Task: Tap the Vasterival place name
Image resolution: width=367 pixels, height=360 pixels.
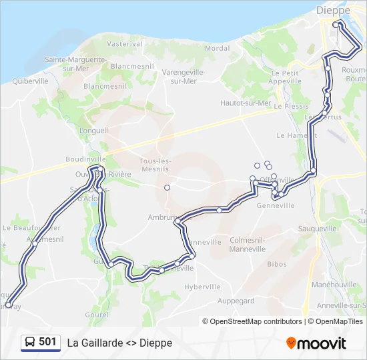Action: [125, 43]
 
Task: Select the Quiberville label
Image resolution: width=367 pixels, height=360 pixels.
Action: [29, 81]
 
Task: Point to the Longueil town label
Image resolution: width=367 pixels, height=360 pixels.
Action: [93, 131]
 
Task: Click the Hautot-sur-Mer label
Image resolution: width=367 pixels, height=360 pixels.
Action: [246, 103]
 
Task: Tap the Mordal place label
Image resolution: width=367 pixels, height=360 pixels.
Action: [217, 48]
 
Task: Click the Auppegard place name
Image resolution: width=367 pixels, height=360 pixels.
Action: [236, 301]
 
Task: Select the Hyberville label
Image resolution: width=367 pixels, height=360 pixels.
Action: [202, 287]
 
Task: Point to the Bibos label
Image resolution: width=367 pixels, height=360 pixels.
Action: [277, 264]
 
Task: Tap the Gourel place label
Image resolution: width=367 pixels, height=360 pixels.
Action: [97, 315]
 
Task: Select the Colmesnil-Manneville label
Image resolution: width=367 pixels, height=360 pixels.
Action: [248, 245]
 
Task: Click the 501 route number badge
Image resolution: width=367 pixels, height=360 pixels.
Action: [47, 342]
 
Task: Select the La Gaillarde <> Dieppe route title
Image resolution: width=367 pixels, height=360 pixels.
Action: [119, 343]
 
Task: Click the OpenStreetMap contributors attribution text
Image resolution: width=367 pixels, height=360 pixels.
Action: [256, 321]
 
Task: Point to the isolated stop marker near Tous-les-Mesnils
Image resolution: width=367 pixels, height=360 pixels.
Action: [167, 187]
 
